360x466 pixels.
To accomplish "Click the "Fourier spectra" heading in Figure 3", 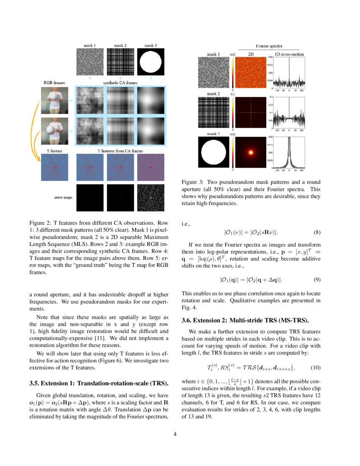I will pos(269,46).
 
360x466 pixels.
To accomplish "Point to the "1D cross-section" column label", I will pos(289,54).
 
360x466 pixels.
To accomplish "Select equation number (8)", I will pos(317,232).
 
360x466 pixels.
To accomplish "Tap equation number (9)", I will pos(317,280).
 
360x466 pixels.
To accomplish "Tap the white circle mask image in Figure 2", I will pos(150,61).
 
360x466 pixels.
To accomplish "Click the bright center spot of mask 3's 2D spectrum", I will pos(250,152).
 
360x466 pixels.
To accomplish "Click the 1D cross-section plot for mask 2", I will pos(290,111).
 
